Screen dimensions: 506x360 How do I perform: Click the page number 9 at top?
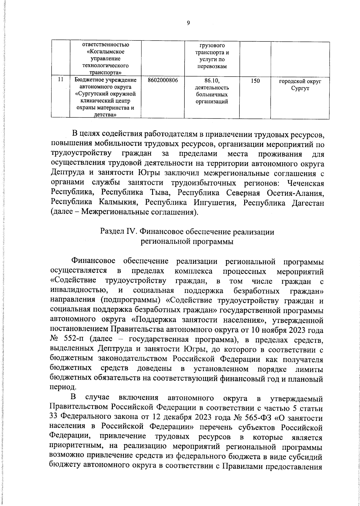point(188,23)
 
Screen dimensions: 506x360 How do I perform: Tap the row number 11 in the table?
point(60,80)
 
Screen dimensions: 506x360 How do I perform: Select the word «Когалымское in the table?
point(105,52)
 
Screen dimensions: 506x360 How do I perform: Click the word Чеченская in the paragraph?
point(306,183)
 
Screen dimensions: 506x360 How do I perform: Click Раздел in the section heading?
point(111,232)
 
